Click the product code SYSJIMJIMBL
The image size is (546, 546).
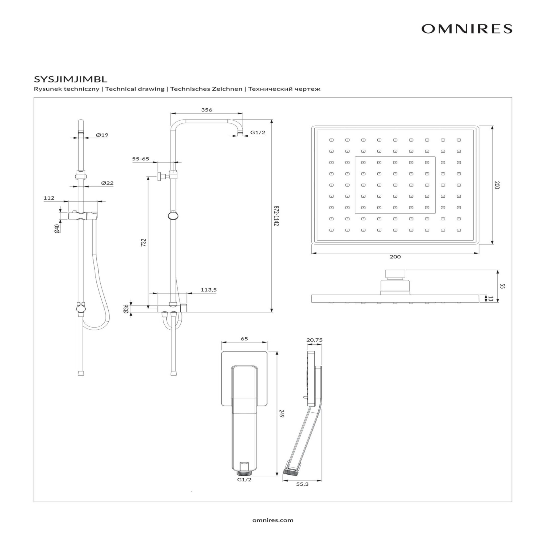[x=71, y=79]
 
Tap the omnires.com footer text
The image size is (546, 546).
[x=273, y=520]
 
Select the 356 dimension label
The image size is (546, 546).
[x=206, y=110]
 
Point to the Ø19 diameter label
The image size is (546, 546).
[x=102, y=135]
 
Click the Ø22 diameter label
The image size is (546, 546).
[x=107, y=183]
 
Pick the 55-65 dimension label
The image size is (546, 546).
[x=140, y=159]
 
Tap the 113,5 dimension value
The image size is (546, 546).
[x=209, y=290]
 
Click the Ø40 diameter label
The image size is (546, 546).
[x=57, y=229]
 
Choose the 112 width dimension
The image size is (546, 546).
[x=49, y=198]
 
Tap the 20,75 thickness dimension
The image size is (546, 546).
[x=314, y=340]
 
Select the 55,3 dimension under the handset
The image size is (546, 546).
[x=302, y=484]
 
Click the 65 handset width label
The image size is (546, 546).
[x=244, y=339]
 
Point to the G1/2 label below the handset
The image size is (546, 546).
[x=244, y=479]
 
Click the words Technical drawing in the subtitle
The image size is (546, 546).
[x=135, y=89]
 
